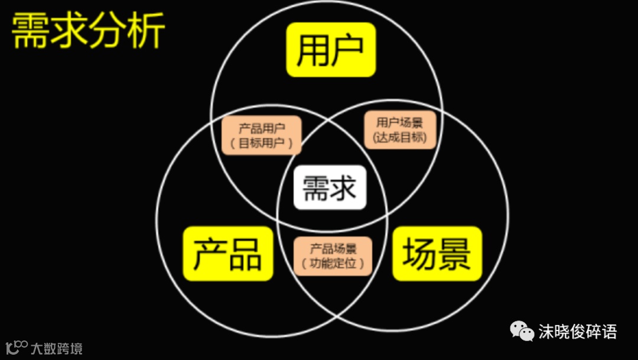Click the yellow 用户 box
point(331,50)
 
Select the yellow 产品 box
point(228,254)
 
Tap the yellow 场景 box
point(437,254)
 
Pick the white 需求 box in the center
point(330,187)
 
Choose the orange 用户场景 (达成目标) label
point(400,130)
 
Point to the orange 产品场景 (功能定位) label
point(333,256)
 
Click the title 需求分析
point(88,32)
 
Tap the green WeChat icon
point(522,331)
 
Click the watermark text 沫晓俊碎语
point(577,332)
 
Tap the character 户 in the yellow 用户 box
point(349,50)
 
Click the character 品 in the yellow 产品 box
point(245,254)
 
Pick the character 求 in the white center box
point(344,188)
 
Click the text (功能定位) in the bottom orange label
point(333,263)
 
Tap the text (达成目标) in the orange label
point(400,138)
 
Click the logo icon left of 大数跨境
point(16,346)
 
